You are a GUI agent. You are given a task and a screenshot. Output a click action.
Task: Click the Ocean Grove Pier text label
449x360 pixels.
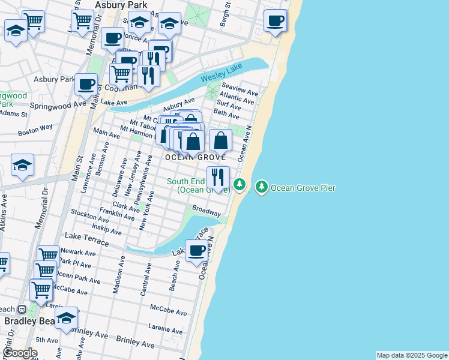(303, 188)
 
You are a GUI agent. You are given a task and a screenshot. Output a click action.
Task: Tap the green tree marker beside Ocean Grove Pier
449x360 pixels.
(262, 187)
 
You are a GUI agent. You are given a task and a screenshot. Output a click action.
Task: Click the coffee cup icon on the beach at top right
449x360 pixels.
(276, 21)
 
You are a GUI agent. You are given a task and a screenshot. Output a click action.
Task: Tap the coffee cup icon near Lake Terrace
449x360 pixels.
(196, 250)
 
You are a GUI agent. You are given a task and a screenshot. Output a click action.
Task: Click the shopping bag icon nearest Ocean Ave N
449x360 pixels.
(221, 141)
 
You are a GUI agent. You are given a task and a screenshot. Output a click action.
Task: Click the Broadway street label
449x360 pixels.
(206, 211)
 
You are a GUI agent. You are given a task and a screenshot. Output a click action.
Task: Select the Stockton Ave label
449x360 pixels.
(88, 213)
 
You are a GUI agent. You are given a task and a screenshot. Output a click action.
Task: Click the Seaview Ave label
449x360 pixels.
(240, 89)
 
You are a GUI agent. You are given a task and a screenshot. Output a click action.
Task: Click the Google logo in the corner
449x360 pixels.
(20, 353)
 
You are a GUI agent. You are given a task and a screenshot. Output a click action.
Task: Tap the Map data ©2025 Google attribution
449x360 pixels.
(412, 355)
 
